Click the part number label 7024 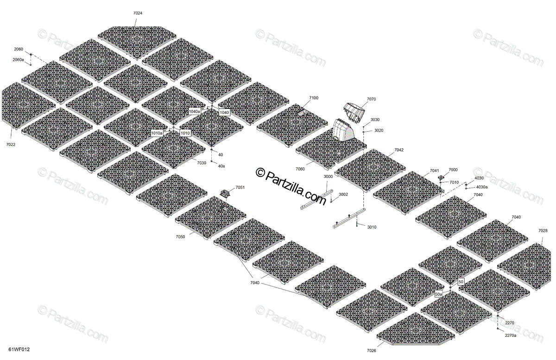(138, 13)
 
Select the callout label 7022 (11, 145)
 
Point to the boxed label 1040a (195, 112)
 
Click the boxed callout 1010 (185, 133)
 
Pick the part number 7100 (314, 98)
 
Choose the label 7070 (371, 99)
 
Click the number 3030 (375, 120)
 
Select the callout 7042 (399, 150)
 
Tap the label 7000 (453, 170)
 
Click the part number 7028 (543, 230)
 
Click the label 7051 (240, 187)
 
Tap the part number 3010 (372, 227)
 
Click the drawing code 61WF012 (19, 350)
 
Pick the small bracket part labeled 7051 (226, 193)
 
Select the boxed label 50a (438, 294)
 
